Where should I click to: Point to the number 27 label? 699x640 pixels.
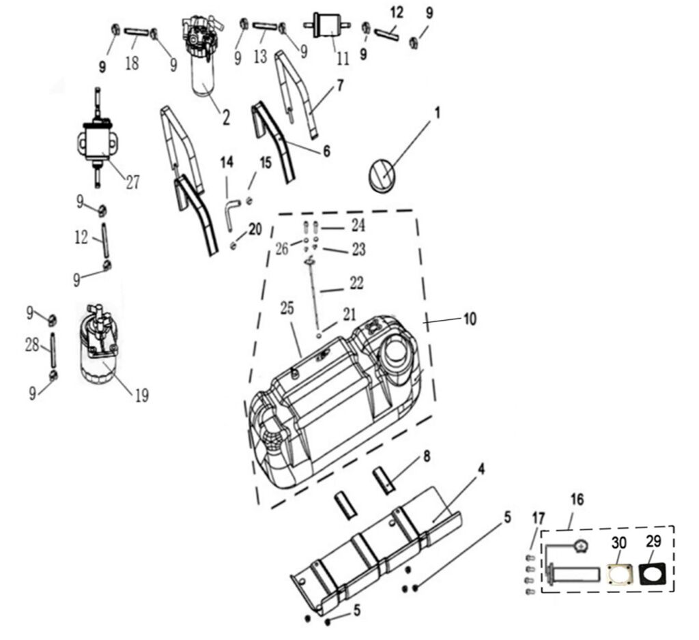tap(132, 182)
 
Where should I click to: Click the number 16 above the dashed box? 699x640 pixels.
tap(577, 499)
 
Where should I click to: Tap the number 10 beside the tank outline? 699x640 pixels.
tap(470, 319)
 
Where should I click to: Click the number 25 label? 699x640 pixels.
tap(286, 308)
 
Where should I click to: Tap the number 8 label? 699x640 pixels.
tap(427, 456)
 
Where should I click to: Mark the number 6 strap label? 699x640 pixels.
tap(326, 151)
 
